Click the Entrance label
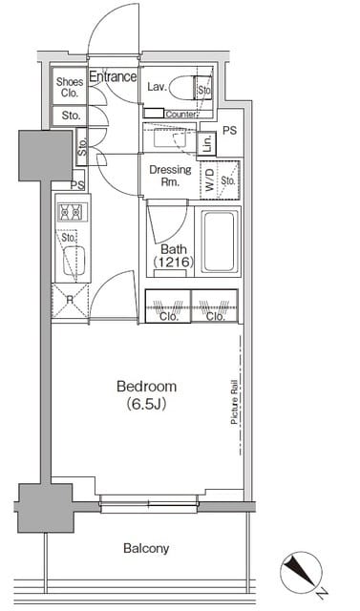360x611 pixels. pos(113,76)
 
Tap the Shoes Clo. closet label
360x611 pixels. pos(70,87)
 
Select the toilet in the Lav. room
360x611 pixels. pos(189,87)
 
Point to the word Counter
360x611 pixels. pos(180,115)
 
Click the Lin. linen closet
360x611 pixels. pos(207,144)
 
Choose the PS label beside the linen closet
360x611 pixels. pos(230,130)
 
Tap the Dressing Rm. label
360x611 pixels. pos(170,176)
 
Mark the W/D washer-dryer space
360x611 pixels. pos(210,179)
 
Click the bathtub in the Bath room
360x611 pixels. pos(220,242)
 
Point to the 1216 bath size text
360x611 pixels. pos(174,262)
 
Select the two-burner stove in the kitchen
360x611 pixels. pos(73,213)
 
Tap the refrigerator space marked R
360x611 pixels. pos(70,301)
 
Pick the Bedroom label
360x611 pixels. pos(146,387)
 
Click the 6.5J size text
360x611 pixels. pos(146,405)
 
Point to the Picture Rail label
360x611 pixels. pos(235,402)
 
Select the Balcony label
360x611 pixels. pos(146,549)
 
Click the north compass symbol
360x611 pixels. pos(302,573)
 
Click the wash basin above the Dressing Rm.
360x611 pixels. pos(169,137)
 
